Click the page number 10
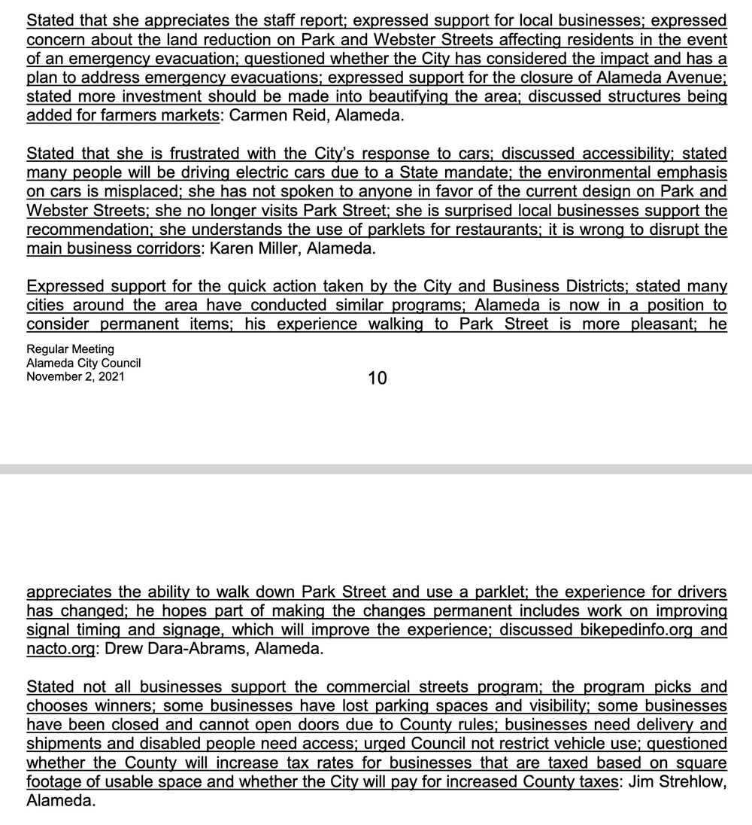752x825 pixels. (378, 378)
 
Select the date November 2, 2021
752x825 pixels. (75, 376)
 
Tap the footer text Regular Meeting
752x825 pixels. (70, 349)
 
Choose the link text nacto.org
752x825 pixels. (60, 649)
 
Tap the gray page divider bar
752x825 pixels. (376, 469)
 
